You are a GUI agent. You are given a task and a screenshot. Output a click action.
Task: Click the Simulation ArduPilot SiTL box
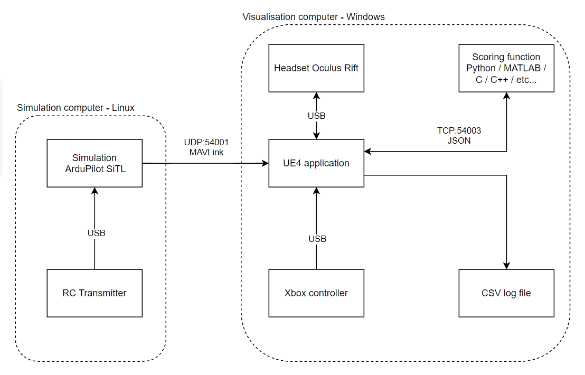[95, 163]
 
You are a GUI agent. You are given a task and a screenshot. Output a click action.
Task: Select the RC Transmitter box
[95, 293]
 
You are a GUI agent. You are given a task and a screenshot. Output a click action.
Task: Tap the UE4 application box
[316, 163]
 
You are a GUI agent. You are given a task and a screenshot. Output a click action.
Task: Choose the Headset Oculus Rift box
[316, 68]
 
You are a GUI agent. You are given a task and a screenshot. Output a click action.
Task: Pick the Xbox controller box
[316, 293]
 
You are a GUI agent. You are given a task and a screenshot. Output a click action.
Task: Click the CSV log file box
[506, 293]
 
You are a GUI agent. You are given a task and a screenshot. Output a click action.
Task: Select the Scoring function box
[506, 68]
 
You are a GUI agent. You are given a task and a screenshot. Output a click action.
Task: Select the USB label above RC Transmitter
[96, 233]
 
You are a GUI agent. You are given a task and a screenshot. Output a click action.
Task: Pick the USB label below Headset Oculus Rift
[317, 116]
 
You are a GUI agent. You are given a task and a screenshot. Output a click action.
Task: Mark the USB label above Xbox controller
[317, 239]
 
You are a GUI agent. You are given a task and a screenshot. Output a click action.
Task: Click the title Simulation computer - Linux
[76, 108]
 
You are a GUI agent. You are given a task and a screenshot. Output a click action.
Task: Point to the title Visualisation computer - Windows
[314, 17]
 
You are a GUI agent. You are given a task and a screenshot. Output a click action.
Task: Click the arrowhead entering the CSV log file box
[506, 266]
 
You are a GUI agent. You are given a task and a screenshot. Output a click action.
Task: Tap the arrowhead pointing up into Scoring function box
[506, 96]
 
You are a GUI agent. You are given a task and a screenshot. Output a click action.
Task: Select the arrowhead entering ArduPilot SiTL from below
[95, 191]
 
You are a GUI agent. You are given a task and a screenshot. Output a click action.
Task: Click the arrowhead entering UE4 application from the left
[265, 164]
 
